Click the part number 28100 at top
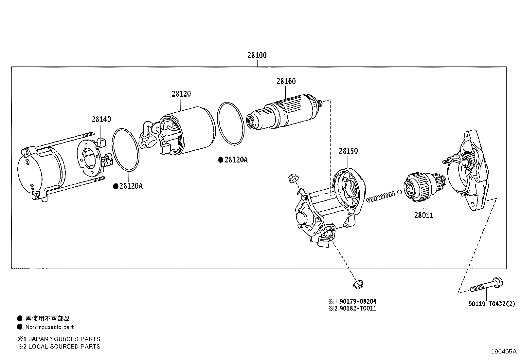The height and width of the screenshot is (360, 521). [257, 55]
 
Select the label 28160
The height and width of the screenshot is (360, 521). [286, 81]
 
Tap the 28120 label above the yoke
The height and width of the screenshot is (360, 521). [181, 94]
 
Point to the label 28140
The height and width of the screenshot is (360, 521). [101, 119]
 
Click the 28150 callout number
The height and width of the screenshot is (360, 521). [348, 151]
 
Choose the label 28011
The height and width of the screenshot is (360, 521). [423, 216]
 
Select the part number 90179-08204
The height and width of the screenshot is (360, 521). [358, 301]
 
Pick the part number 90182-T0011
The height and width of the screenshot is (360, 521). [358, 309]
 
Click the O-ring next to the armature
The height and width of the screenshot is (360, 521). [231, 123]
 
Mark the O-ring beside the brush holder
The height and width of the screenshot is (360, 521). [125, 150]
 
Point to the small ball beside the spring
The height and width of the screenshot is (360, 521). [400, 192]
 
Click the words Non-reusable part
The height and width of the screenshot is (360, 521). [49, 327]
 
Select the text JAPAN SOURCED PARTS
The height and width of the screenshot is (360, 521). [64, 339]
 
